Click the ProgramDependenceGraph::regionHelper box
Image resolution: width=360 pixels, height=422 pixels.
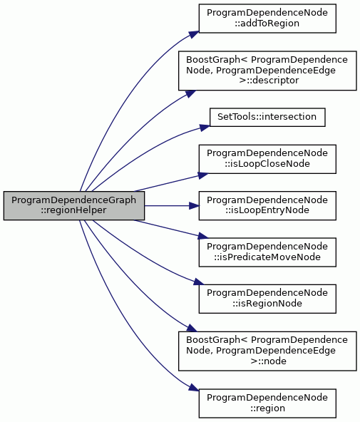(74, 205)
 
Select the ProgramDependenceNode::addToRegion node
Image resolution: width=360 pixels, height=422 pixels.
(267, 19)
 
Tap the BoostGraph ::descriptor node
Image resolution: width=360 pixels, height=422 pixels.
(267, 71)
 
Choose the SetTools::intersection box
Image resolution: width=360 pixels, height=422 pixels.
(267, 117)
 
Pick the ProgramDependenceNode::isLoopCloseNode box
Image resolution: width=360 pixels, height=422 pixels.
(267, 159)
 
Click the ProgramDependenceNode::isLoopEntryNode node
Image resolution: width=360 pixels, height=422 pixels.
(267, 205)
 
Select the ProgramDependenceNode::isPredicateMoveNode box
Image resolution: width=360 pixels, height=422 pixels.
(267, 252)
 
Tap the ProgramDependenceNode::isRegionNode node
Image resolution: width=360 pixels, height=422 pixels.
(267, 299)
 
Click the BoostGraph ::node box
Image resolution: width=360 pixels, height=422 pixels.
(267, 351)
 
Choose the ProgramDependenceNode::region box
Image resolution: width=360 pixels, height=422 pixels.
(267, 403)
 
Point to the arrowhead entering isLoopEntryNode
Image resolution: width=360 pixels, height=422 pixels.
(194, 206)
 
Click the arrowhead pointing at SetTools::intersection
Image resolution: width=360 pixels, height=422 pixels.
(205, 128)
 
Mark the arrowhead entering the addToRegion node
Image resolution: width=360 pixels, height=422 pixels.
(194, 34)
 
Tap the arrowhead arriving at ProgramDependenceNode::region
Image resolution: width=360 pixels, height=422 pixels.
(194, 388)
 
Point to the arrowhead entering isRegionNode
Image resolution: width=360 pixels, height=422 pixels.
(199, 282)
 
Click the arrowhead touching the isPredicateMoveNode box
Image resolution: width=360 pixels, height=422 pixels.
(203, 237)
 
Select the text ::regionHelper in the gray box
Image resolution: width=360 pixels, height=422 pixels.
(73, 210)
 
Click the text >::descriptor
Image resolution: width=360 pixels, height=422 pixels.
(269, 81)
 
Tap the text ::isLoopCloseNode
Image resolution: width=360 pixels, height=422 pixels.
(267, 164)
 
